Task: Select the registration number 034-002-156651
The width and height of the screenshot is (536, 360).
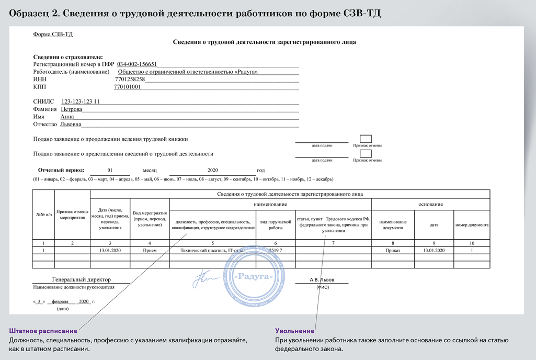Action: pyautogui.click(x=136, y=64)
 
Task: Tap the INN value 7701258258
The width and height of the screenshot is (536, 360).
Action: pyautogui.click(x=130, y=79)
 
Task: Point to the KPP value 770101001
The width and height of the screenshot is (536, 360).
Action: pyautogui.click(x=127, y=87)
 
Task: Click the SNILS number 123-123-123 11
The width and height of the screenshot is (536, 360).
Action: pyautogui.click(x=81, y=102)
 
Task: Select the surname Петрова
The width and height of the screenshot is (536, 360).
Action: pyautogui.click(x=71, y=109)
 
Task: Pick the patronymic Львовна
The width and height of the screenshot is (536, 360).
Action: pyautogui.click(x=71, y=125)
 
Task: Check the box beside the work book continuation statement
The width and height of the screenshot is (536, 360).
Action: pyautogui.click(x=366, y=138)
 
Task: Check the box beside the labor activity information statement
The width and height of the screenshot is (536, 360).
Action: pyautogui.click(x=366, y=153)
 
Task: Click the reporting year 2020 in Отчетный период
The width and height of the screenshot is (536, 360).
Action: pyautogui.click(x=212, y=171)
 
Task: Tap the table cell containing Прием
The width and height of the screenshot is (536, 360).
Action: pyautogui.click(x=150, y=251)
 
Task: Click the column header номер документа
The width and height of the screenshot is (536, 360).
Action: pyautogui.click(x=471, y=224)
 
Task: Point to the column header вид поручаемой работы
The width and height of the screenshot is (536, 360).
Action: pyautogui.click(x=275, y=224)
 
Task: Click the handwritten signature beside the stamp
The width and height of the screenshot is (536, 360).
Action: pyautogui.click(x=204, y=279)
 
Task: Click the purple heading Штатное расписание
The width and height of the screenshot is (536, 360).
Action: pyautogui.click(x=43, y=331)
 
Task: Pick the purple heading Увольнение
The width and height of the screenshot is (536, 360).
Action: pyautogui.click(x=294, y=331)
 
